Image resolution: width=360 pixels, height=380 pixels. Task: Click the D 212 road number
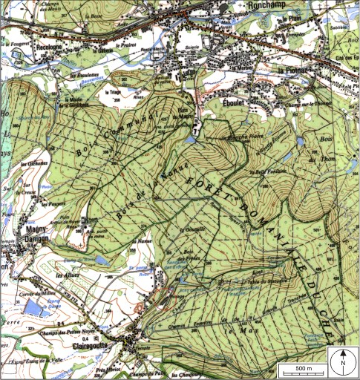[x=71, y=298]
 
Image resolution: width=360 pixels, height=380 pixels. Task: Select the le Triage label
[x=114, y=92]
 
